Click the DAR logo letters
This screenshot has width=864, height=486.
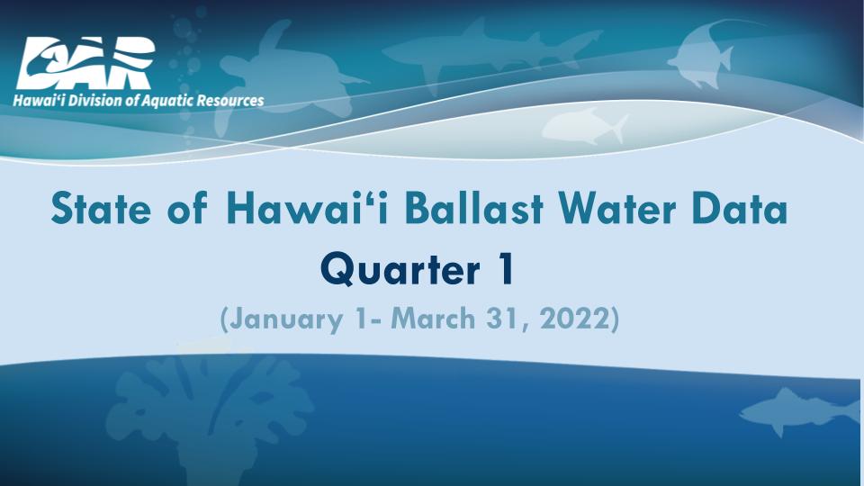85,62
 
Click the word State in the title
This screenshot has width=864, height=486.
100,208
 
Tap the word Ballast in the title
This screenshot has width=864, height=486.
474,208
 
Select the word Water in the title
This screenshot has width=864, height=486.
616,208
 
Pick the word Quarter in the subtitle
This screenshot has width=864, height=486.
400,270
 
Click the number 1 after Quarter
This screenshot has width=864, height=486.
505,268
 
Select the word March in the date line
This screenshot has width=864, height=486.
433,319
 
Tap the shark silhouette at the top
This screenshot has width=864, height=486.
490,52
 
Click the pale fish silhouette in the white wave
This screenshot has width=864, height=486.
585,126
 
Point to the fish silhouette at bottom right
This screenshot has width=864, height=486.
799,410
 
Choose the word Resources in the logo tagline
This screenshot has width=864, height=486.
230,101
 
